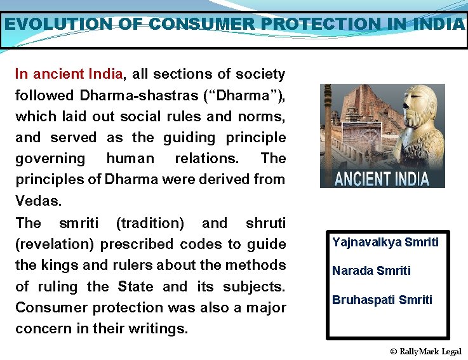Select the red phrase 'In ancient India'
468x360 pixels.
coord(69,74)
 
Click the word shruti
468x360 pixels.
coord(265,223)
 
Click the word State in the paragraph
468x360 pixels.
coord(136,286)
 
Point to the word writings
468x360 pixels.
coord(161,329)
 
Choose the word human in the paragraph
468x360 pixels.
coord(130,158)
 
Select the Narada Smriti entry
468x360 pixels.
coord(371,270)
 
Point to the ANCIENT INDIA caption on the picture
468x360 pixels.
coord(382,178)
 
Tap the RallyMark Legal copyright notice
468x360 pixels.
coord(425,351)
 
